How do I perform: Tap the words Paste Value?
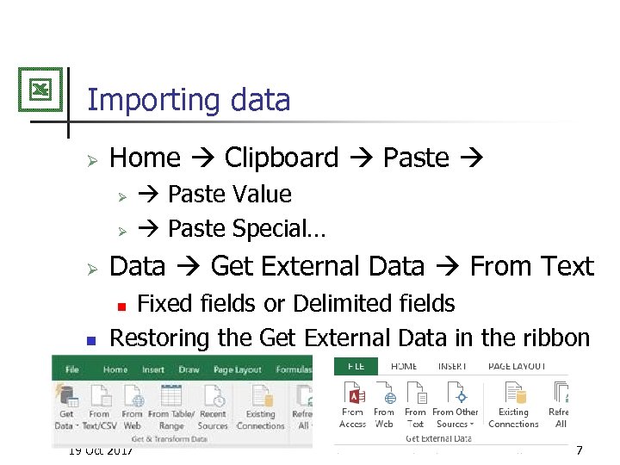click(229, 195)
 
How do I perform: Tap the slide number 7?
click(579, 450)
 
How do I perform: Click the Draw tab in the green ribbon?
click(189, 369)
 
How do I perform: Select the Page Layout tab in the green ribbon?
click(237, 369)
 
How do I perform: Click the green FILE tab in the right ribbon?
click(356, 366)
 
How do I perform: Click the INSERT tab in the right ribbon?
click(452, 366)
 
